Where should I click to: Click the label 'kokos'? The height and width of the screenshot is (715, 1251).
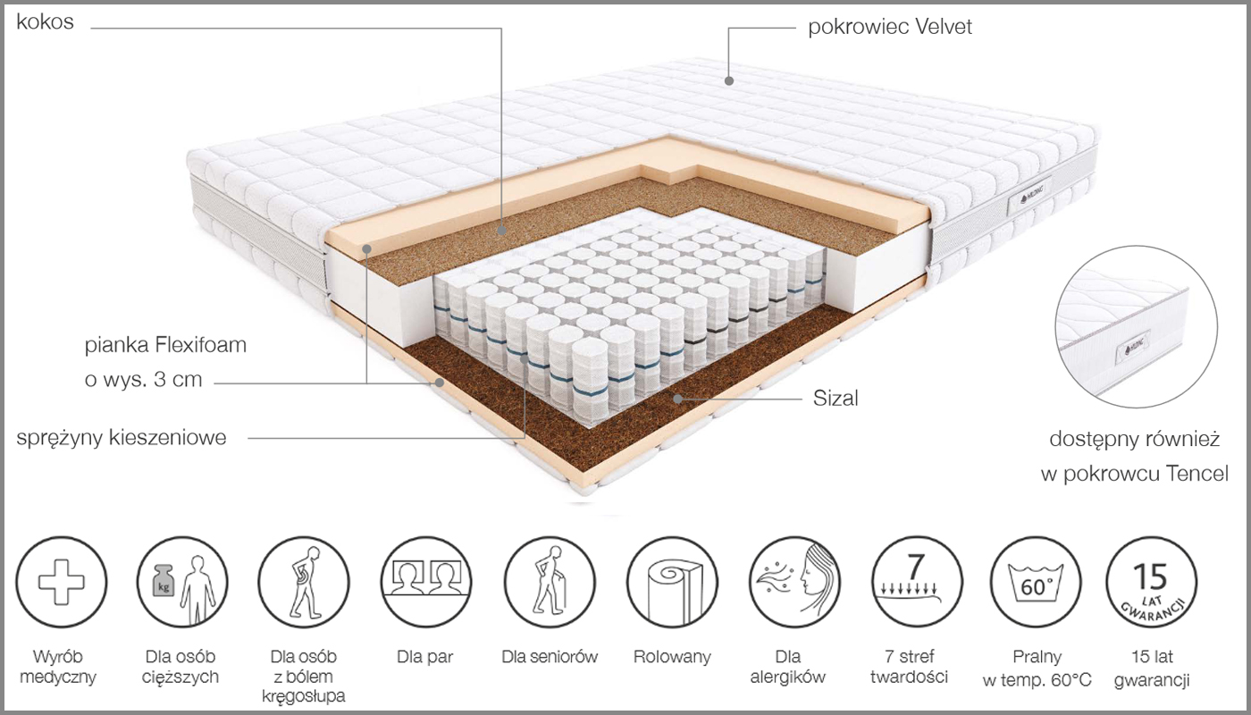pyautogui.click(x=46, y=21)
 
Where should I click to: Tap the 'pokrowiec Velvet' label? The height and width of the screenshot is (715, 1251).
pyautogui.click(x=890, y=27)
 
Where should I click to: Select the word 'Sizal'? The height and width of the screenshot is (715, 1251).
pyautogui.click(x=835, y=399)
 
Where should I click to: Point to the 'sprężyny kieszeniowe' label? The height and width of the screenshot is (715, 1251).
pyautogui.click(x=122, y=438)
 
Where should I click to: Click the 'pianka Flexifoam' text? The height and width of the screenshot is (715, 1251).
pyautogui.click(x=165, y=345)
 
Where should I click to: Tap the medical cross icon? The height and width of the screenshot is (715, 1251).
pyautogui.click(x=62, y=582)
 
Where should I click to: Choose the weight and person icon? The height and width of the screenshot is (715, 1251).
pyautogui.click(x=182, y=582)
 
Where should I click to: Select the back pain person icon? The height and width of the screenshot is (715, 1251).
pyautogui.click(x=304, y=582)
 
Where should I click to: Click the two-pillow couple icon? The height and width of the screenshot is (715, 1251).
pyautogui.click(x=426, y=582)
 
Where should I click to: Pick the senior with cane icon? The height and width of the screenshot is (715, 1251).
pyautogui.click(x=550, y=582)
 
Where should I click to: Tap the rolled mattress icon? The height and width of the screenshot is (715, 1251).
pyautogui.click(x=672, y=582)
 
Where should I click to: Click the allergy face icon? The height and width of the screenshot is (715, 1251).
pyautogui.click(x=794, y=582)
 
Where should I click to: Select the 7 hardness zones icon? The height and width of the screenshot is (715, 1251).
pyautogui.click(x=917, y=582)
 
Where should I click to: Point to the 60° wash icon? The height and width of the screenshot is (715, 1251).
pyautogui.click(x=1036, y=582)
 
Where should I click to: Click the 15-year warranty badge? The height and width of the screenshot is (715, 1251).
pyautogui.click(x=1152, y=582)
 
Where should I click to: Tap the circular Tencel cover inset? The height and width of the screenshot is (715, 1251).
pyautogui.click(x=1136, y=327)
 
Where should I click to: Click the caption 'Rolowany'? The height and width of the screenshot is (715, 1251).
pyautogui.click(x=672, y=657)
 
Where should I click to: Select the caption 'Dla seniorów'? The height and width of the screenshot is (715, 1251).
pyautogui.click(x=550, y=657)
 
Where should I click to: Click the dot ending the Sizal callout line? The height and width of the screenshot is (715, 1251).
pyautogui.click(x=677, y=399)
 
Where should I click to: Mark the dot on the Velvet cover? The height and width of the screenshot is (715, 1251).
pyautogui.click(x=729, y=81)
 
